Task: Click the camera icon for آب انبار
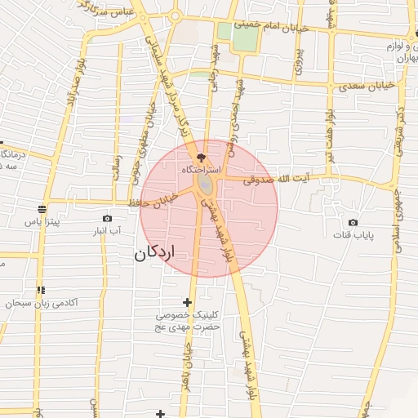[107, 218]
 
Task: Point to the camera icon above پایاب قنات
[353, 222]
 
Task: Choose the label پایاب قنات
[353, 235]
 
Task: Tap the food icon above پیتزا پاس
[42, 208]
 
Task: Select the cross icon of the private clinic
[188, 302]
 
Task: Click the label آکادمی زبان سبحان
[42, 303]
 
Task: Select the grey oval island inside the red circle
[204, 186]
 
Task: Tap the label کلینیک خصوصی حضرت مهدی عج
[189, 320]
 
